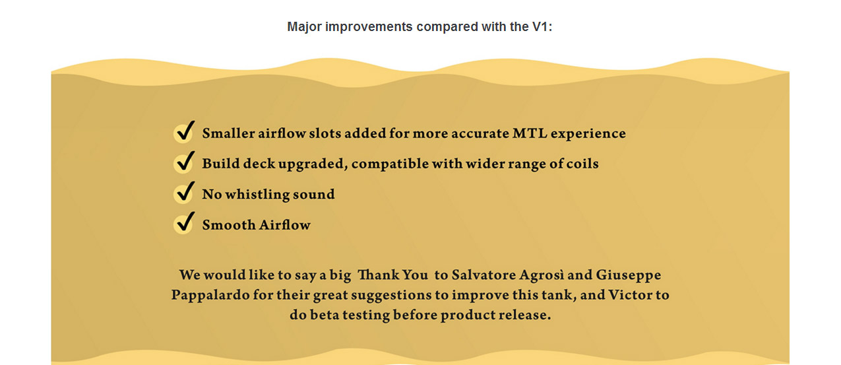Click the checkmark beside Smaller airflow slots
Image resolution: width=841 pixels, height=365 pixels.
(x=185, y=131)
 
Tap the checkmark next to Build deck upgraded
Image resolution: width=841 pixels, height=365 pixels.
(x=185, y=162)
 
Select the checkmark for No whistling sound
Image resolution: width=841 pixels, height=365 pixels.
(x=185, y=192)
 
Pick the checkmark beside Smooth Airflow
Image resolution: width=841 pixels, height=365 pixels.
(x=185, y=222)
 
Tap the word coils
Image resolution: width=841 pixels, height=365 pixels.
(x=582, y=164)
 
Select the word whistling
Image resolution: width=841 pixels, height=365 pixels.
(x=257, y=195)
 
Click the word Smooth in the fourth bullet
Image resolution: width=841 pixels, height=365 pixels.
(x=229, y=225)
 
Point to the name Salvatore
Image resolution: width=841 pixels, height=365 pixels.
(x=483, y=275)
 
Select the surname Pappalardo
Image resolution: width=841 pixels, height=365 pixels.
(x=210, y=296)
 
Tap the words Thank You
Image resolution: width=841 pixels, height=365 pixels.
(x=392, y=275)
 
